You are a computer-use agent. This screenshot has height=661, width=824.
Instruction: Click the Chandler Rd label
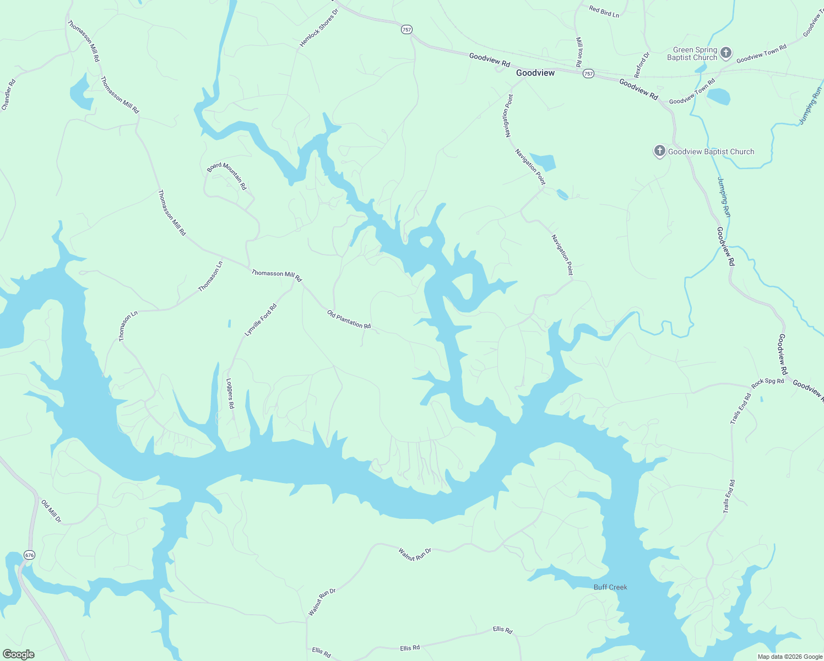click(8, 95)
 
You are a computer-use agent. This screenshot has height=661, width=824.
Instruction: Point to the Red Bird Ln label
click(604, 12)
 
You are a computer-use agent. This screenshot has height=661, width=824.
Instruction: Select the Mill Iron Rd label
click(579, 52)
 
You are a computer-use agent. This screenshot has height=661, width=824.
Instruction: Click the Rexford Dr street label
click(642, 65)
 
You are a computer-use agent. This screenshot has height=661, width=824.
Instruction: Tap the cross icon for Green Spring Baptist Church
click(726, 53)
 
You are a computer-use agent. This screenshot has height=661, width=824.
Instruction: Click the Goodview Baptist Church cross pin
click(659, 151)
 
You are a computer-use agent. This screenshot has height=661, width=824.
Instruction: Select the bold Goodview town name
click(535, 73)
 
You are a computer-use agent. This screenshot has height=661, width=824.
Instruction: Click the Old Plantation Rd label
click(349, 319)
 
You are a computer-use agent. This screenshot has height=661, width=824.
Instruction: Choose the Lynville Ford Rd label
click(260, 320)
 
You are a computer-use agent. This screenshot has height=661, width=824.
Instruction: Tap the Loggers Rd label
click(230, 393)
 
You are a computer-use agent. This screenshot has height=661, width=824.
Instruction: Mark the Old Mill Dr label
click(51, 511)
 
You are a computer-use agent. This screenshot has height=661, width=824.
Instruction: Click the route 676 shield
click(29, 555)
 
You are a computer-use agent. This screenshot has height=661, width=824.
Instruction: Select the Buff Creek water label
click(610, 587)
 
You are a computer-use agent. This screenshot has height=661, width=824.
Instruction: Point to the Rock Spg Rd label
click(767, 381)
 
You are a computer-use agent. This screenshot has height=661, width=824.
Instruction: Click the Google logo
click(18, 654)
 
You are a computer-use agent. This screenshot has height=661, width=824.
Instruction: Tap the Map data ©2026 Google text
click(789, 657)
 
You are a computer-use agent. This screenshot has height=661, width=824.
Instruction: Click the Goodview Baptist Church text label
click(711, 151)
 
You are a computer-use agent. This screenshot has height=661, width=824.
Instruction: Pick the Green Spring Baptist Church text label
click(692, 53)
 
